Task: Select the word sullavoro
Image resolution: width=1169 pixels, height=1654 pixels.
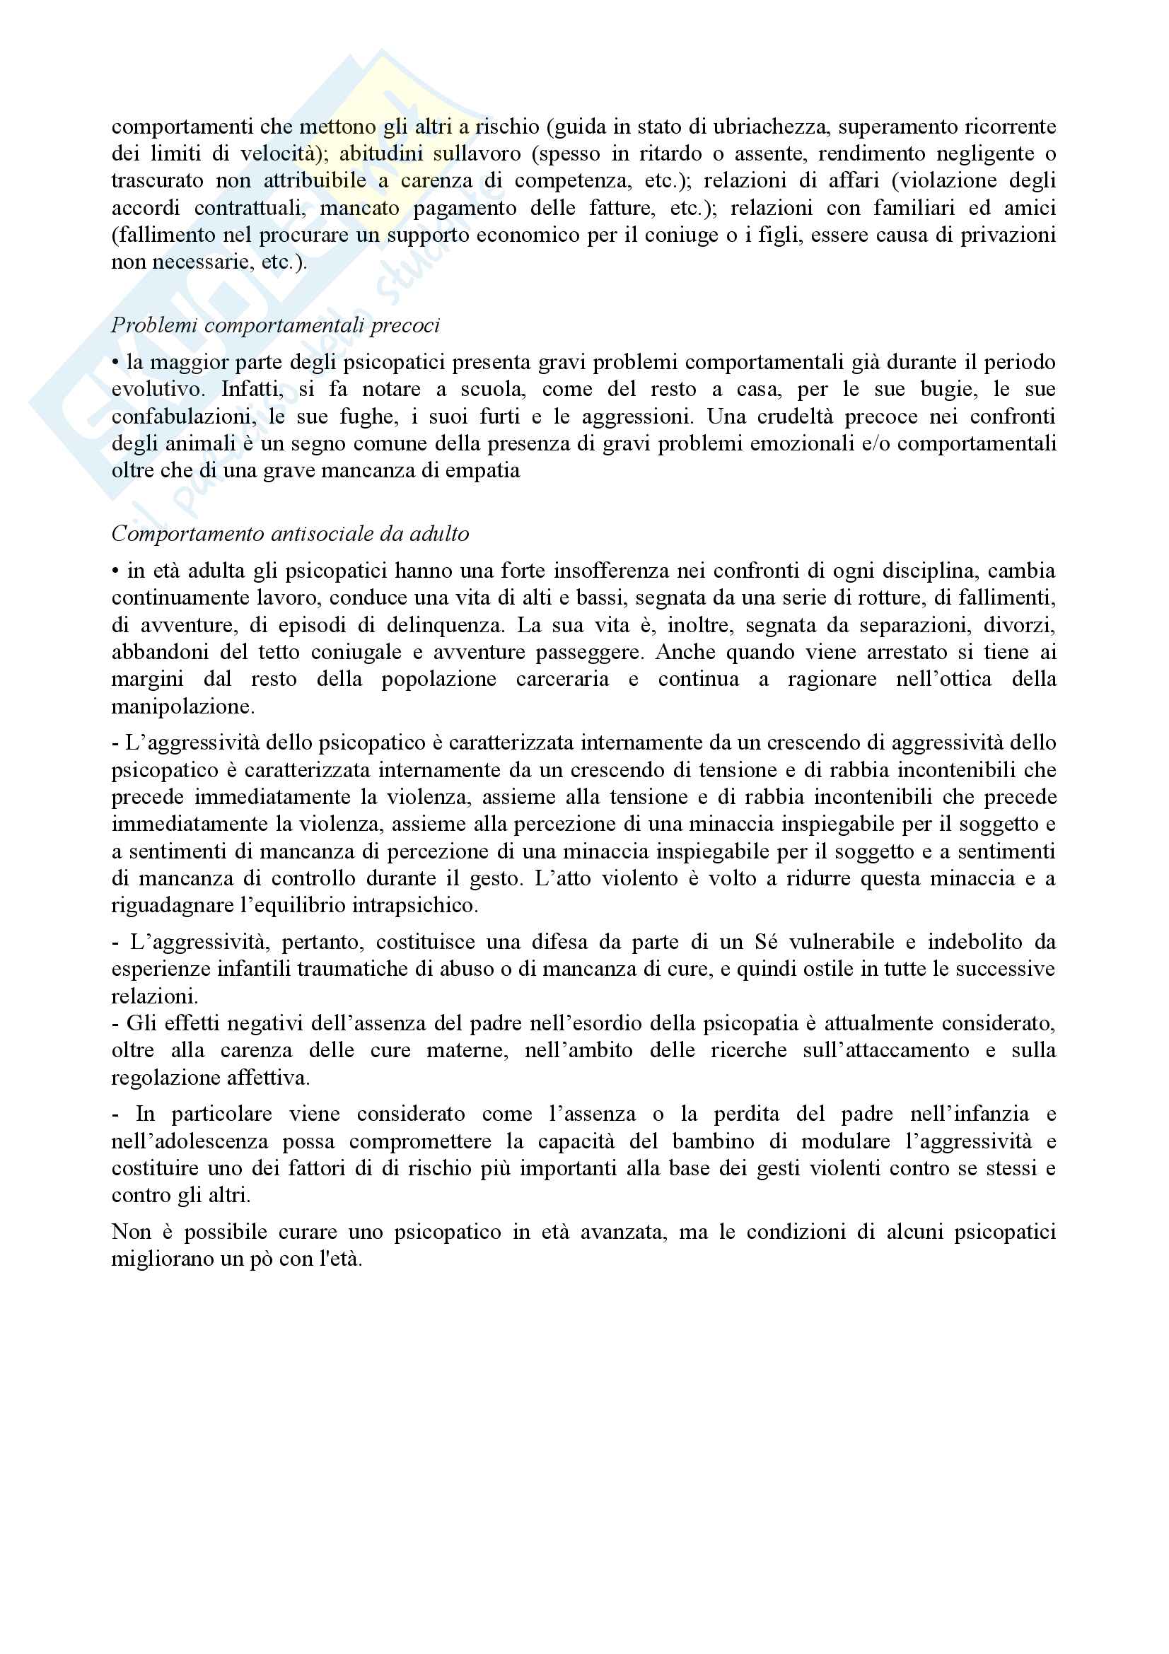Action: (x=477, y=153)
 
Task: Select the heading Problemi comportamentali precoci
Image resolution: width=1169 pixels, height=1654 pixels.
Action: (x=275, y=325)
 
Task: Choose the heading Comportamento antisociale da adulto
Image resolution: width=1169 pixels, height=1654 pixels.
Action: (x=289, y=534)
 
